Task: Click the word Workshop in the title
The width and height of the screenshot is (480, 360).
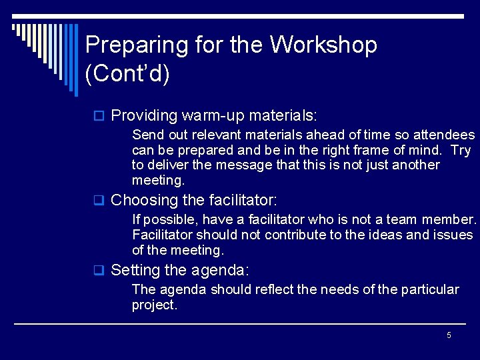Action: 323,45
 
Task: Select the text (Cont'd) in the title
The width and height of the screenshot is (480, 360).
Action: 127,74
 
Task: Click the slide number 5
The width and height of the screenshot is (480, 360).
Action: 449,335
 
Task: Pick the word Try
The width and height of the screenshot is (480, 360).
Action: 461,150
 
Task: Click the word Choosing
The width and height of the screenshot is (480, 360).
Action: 143,200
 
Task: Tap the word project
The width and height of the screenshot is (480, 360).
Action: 154,305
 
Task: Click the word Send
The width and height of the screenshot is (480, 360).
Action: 147,135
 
